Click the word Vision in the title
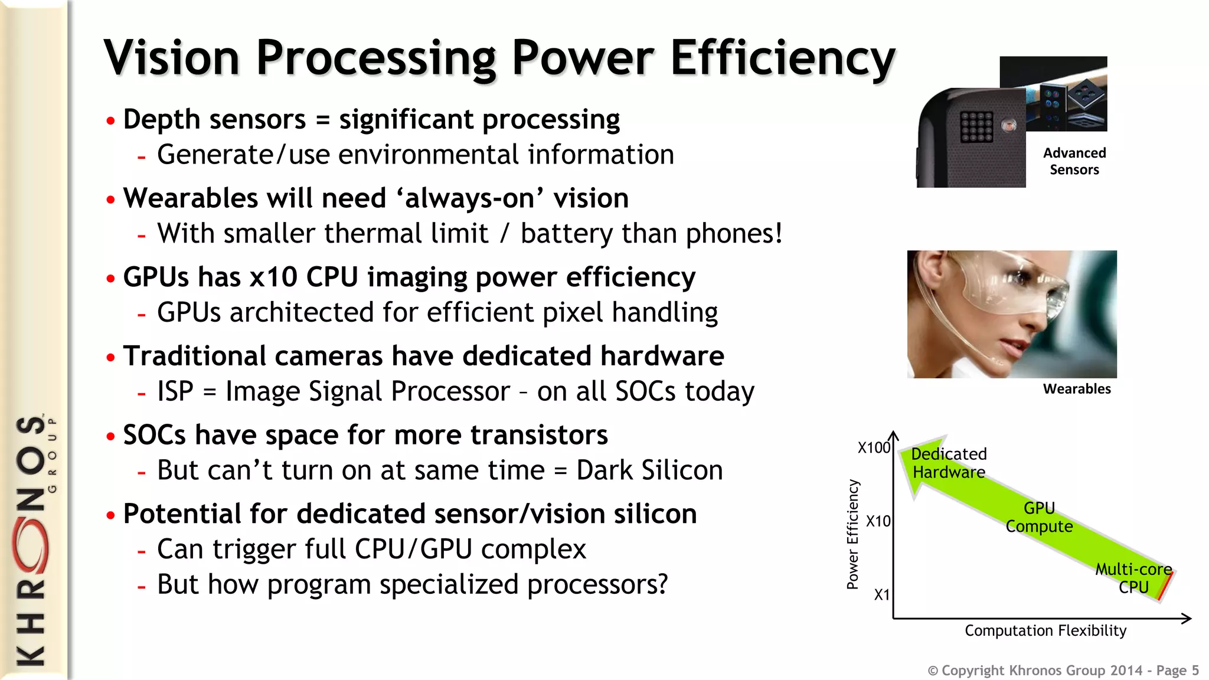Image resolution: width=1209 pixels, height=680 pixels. pos(171,58)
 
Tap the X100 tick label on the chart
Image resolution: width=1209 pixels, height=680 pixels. pos(874,447)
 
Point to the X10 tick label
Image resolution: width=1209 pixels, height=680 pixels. pos(878,521)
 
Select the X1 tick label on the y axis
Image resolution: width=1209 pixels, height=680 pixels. pos(881,594)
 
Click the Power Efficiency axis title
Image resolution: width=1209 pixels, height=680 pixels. pos(852,534)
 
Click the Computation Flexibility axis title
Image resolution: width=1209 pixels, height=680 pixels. pos(1045,630)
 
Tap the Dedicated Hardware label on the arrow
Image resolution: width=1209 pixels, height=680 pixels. pos(949,463)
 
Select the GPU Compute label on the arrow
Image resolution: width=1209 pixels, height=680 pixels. pos(1039,517)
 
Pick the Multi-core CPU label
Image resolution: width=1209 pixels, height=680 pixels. pos(1133,578)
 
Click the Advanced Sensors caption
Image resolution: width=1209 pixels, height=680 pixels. pos(1074,161)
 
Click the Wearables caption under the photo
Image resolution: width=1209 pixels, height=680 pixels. pos(1077,389)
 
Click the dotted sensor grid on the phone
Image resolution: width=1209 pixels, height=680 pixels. pos(976,126)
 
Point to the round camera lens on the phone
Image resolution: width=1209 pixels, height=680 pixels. pos(1009,125)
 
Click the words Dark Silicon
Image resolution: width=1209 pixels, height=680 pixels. pos(649,470)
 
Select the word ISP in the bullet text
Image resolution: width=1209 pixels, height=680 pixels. pos(175,391)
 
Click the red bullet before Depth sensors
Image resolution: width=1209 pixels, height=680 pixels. pos(110,121)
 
